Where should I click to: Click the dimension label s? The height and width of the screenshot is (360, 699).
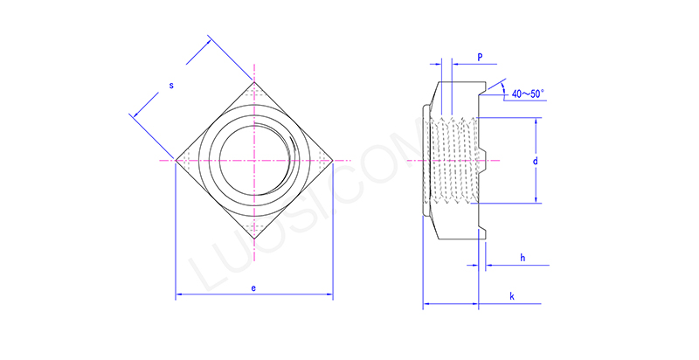point(171,86)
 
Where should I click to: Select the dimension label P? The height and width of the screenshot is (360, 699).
point(480,57)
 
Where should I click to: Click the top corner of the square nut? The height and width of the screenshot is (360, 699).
point(254,83)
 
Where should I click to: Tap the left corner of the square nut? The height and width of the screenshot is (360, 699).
point(176,161)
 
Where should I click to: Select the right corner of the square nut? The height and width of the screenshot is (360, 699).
point(333,161)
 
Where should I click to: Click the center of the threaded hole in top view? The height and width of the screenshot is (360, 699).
point(254,161)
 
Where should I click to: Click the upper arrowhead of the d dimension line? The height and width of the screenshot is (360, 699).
point(534,121)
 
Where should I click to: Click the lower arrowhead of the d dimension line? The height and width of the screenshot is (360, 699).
point(534,200)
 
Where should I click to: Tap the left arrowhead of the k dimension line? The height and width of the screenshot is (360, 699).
point(426,305)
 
